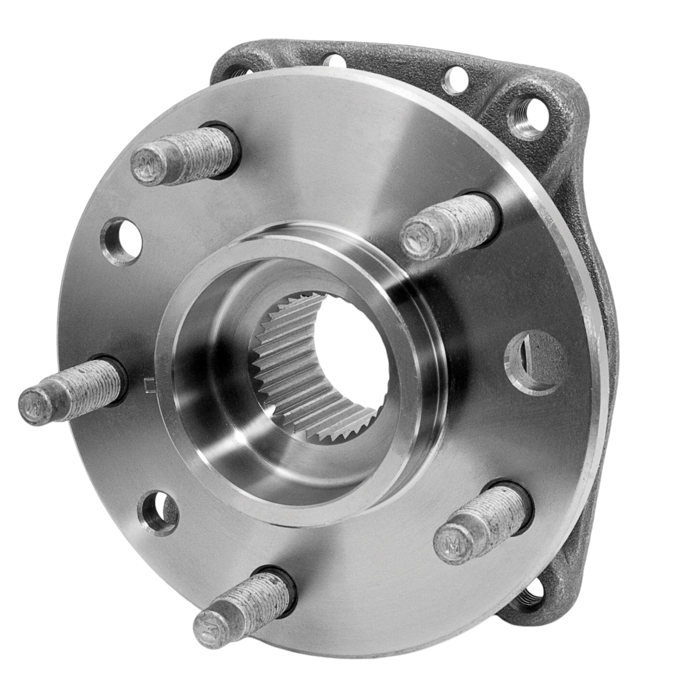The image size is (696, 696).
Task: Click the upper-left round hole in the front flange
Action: [122, 238]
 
